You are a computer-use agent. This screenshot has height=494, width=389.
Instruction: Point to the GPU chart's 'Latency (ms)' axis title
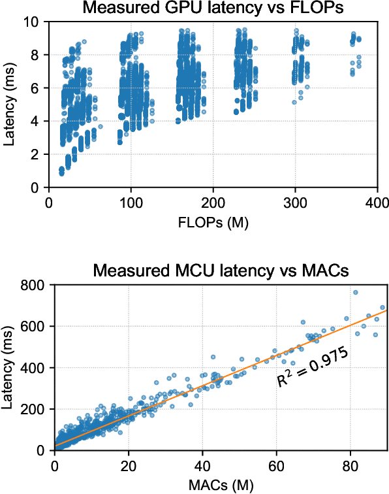click(x=11, y=104)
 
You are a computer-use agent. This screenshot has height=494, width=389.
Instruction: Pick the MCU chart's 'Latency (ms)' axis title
click(x=11, y=368)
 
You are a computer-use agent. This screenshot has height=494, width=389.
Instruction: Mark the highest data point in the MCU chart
click(x=356, y=292)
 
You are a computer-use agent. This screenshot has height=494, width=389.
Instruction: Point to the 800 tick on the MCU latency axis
click(x=31, y=285)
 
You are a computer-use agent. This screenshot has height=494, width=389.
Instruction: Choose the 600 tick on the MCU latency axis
click(x=31, y=326)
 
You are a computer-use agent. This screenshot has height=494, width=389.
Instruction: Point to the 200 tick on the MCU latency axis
click(x=31, y=409)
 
